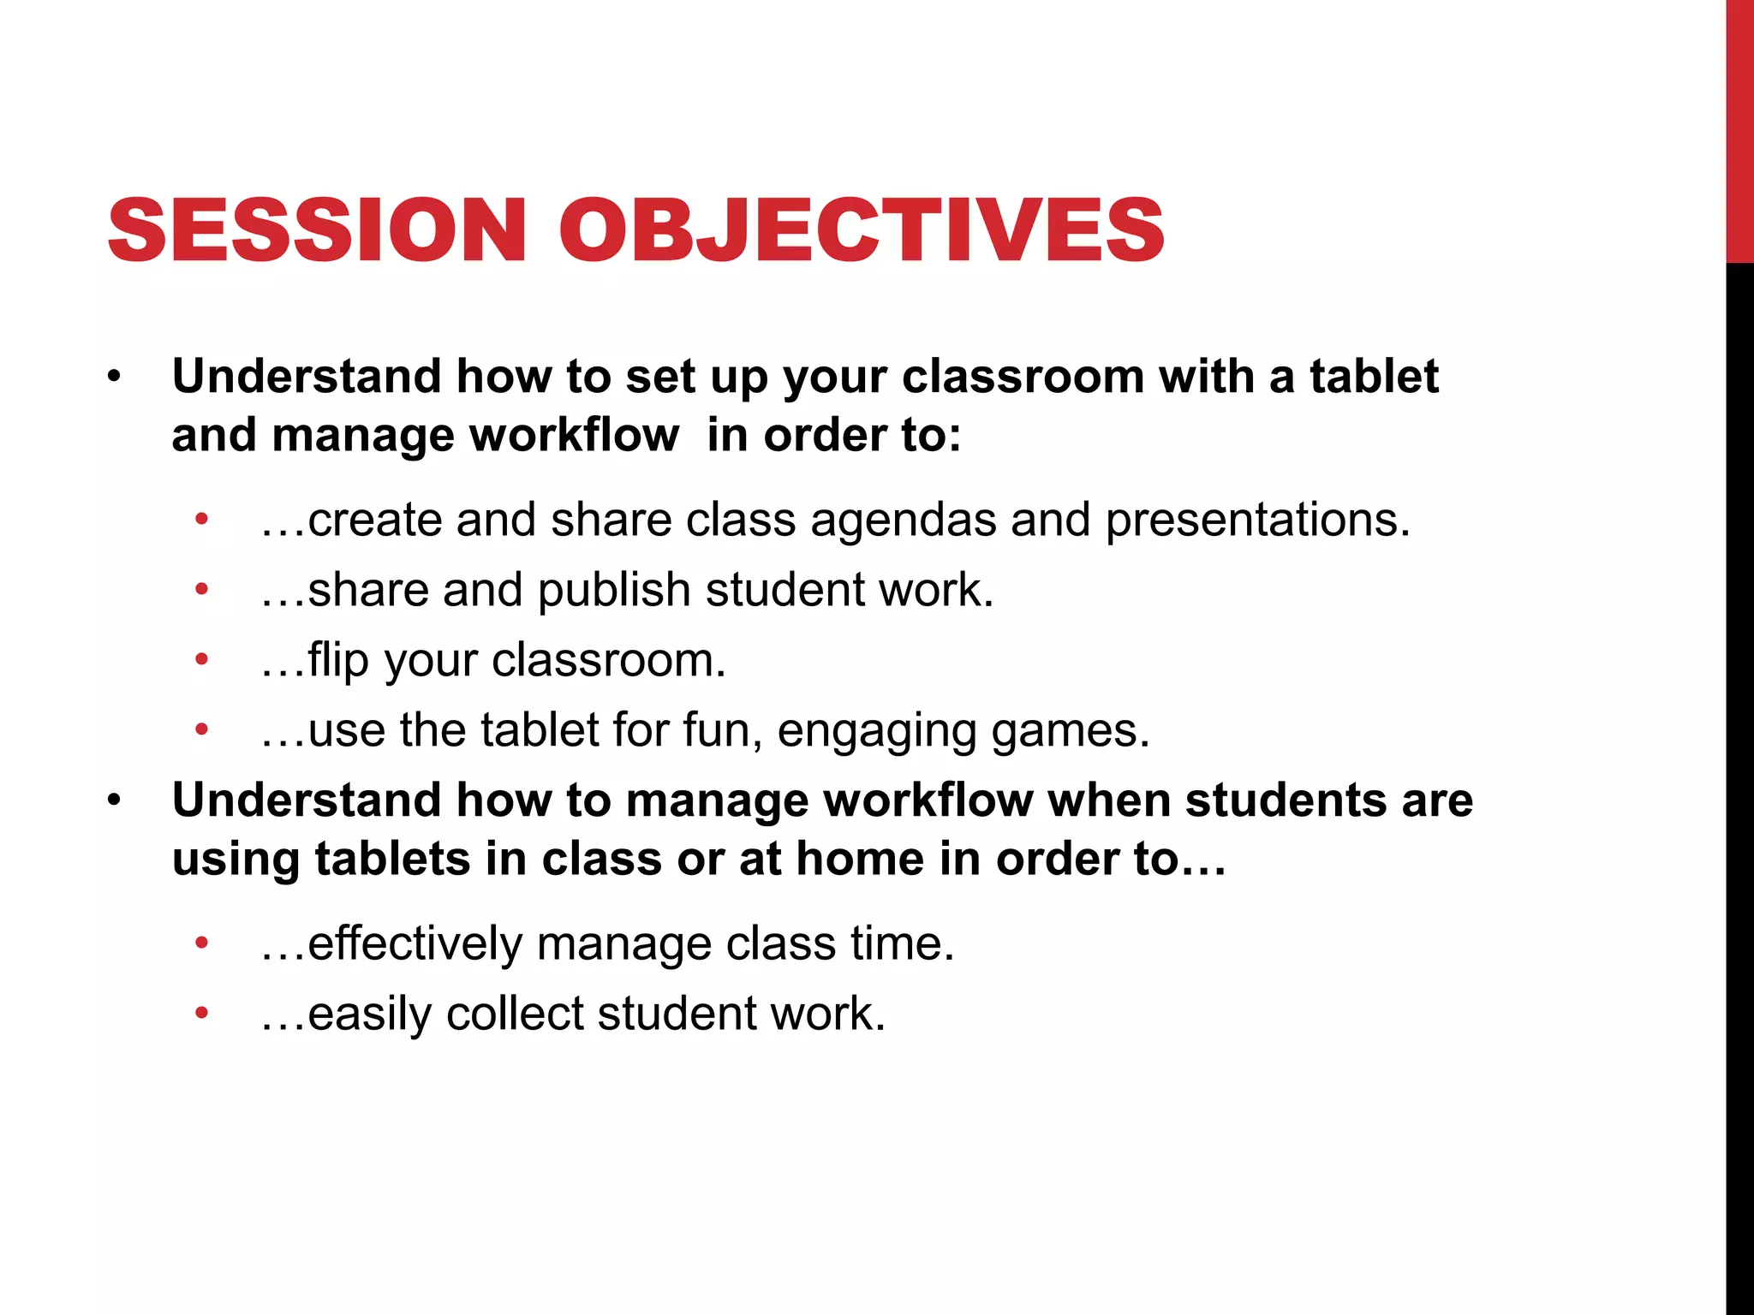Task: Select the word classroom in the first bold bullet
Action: [1023, 377]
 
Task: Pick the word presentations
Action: [1257, 520]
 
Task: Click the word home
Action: [860, 859]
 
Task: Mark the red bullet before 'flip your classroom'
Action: [202, 660]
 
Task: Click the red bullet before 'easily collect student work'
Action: [202, 1014]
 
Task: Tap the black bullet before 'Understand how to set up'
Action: [115, 378]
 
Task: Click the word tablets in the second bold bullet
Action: [392, 859]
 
